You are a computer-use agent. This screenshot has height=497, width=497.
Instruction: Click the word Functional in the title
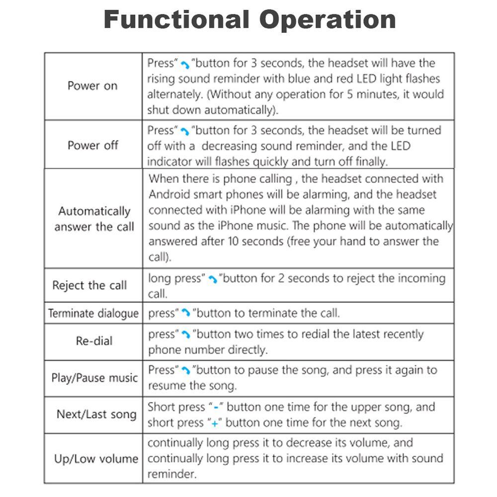coord(177,20)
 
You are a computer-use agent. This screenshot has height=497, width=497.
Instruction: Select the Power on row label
coord(92,85)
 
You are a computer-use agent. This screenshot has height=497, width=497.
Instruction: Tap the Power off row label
coord(93,146)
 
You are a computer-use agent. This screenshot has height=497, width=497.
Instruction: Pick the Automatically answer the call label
coord(94,219)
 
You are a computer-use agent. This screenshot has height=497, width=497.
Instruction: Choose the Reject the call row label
coord(89,285)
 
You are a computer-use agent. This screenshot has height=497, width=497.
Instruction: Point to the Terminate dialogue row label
coord(93,314)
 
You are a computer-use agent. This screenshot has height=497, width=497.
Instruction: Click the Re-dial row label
coord(94,341)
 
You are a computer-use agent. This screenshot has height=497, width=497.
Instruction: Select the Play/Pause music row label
coord(94,378)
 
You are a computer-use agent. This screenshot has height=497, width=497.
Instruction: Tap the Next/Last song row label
coord(96,414)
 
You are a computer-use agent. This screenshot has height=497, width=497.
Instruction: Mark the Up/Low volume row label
coord(96,458)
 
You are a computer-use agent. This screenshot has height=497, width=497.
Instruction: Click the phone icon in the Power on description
coord(185,65)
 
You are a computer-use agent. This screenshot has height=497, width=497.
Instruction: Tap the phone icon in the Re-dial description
coord(185,335)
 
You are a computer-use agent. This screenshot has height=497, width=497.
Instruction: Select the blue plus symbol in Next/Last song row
coord(214,423)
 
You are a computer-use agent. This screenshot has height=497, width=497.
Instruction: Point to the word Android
coord(168,194)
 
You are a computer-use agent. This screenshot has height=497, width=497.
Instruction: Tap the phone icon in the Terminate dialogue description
coord(185,314)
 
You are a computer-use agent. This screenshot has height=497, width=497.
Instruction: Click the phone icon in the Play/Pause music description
coord(185,371)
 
